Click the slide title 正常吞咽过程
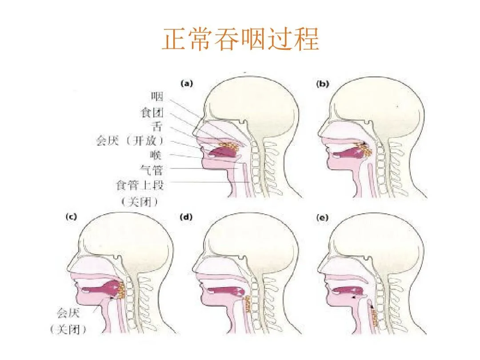(x=240, y=40)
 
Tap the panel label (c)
(x=71, y=217)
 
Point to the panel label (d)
(x=186, y=217)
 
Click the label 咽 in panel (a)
(x=157, y=96)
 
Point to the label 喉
(x=157, y=156)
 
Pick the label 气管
(x=152, y=170)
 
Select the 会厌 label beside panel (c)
(x=68, y=313)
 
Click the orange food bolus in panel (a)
(x=231, y=146)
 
